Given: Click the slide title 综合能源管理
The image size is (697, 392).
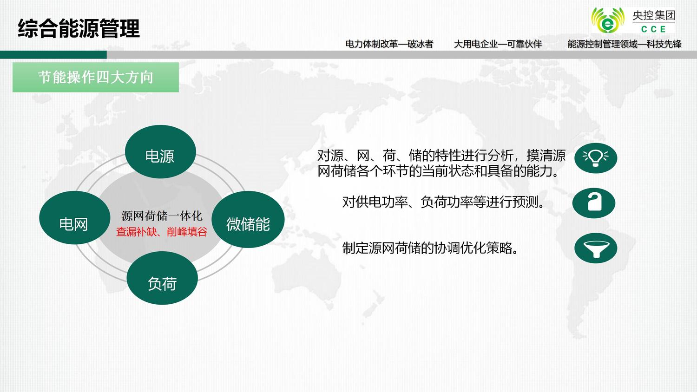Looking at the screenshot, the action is [x=79, y=28].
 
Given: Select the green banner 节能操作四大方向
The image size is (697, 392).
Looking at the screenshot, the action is [x=96, y=77].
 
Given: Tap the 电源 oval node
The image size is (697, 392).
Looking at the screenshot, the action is [x=160, y=152].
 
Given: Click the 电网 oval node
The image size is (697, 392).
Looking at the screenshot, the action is [x=75, y=218].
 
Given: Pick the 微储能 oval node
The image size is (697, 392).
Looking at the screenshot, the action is [x=248, y=219].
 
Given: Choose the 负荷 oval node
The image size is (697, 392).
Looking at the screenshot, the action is [x=162, y=278].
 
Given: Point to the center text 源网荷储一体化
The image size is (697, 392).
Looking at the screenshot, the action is [x=162, y=216].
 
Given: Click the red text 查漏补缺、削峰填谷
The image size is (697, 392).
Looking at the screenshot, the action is [x=162, y=232].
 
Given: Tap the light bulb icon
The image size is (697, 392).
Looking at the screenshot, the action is [x=596, y=158].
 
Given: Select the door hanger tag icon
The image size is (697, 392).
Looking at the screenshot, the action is [x=594, y=203].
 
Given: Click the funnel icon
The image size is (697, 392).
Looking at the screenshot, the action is [x=596, y=248].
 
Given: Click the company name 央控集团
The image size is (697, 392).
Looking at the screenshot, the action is [x=654, y=15].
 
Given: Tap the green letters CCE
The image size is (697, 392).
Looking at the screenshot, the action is [x=653, y=29].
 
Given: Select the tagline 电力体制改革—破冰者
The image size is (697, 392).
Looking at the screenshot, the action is [x=389, y=44].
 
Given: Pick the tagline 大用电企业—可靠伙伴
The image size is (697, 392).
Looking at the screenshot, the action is [x=498, y=44].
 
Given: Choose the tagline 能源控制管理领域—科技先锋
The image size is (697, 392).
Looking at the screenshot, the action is [x=625, y=44].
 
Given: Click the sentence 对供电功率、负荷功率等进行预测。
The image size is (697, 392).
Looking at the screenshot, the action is [x=444, y=202].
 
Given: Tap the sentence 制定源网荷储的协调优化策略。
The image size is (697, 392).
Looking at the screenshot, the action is [x=431, y=248].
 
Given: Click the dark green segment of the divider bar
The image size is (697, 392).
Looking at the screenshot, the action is [x=53, y=55].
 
